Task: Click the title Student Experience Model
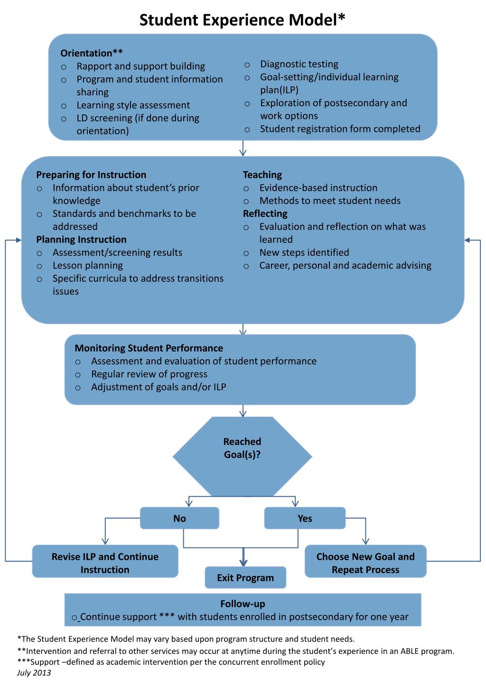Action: (x=242, y=20)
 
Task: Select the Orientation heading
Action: (x=92, y=53)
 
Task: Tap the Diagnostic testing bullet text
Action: (x=299, y=64)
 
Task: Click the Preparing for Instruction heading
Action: (x=91, y=175)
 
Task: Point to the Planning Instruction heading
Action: (x=81, y=240)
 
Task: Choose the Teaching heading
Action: (x=262, y=175)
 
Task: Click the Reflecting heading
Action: (x=265, y=214)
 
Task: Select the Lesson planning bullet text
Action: (x=88, y=266)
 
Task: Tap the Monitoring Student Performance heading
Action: (x=149, y=348)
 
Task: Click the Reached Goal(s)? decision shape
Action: (x=242, y=456)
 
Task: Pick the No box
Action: (x=179, y=518)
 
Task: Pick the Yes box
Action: (x=305, y=518)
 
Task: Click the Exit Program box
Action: (x=245, y=578)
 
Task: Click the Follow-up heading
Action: (x=243, y=604)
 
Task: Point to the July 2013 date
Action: (x=34, y=673)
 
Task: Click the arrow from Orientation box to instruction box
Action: (x=243, y=148)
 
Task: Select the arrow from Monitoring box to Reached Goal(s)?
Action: (x=243, y=411)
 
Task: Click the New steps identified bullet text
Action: (x=304, y=252)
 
